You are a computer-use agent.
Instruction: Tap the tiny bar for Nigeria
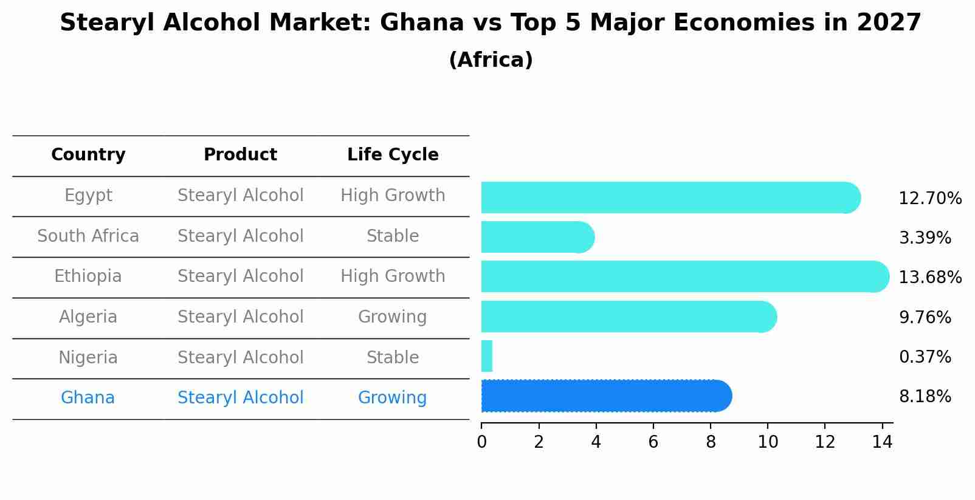click(x=487, y=356)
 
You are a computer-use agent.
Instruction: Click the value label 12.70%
click(x=929, y=199)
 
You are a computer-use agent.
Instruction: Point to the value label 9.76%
click(x=925, y=317)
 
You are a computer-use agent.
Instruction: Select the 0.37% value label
click(x=925, y=357)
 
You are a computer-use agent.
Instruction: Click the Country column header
click(x=88, y=155)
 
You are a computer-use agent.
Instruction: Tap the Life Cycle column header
click(x=393, y=155)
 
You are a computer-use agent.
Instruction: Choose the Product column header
click(x=240, y=155)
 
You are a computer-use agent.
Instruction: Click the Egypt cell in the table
click(x=88, y=196)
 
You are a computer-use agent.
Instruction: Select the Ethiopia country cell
click(x=88, y=276)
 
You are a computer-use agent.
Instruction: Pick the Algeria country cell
click(x=88, y=317)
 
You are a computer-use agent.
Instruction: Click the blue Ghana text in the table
click(x=88, y=398)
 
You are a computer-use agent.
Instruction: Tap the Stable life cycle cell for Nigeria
click(x=393, y=357)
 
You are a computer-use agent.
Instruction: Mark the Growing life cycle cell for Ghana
click(x=392, y=398)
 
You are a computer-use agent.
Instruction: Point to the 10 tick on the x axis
click(x=768, y=442)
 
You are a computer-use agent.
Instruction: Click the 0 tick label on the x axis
click(x=481, y=442)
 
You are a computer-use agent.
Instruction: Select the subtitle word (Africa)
click(x=491, y=60)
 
